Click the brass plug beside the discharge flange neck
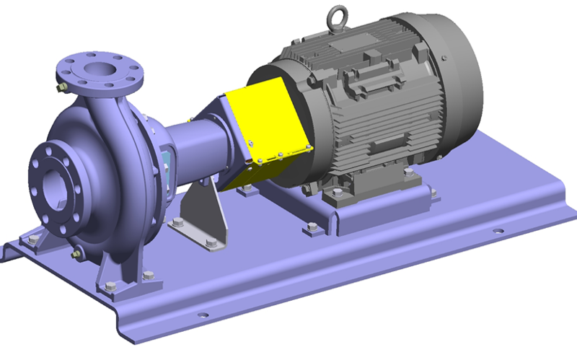click(x=63, y=87)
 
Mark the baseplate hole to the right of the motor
click(x=496, y=232)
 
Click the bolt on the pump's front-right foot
click(x=148, y=275)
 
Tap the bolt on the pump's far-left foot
click(x=30, y=234)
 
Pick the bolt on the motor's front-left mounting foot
click(x=312, y=228)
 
